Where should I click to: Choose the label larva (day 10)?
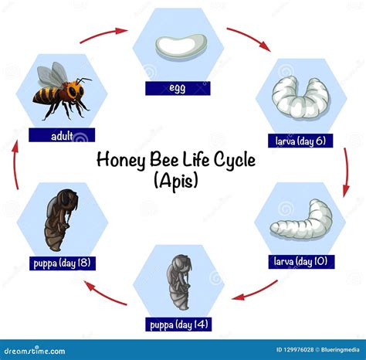coord(301,261)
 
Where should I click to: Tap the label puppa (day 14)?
coord(181,323)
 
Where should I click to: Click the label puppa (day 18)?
coord(60,262)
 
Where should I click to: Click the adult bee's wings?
coord(53,75)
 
